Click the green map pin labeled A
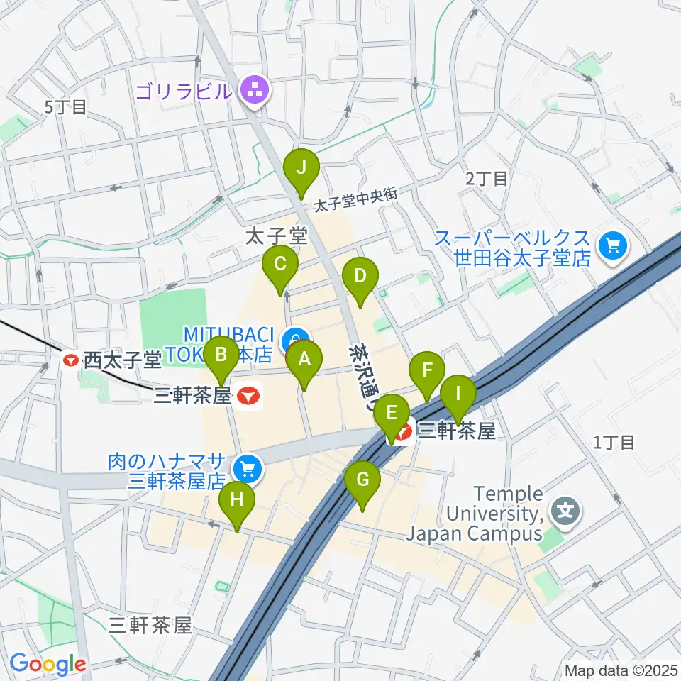304,360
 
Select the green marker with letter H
237,501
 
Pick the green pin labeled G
362,481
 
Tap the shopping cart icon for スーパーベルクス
611,246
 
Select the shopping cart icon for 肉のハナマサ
247,467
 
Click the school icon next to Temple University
565,511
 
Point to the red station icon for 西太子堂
71,360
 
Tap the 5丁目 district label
65,107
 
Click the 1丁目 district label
614,443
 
